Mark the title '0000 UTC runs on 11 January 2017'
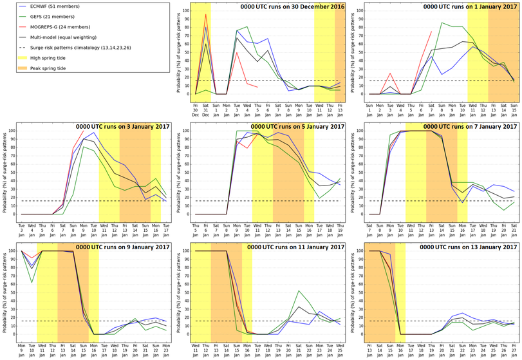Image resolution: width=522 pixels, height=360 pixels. [x=290, y=247]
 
